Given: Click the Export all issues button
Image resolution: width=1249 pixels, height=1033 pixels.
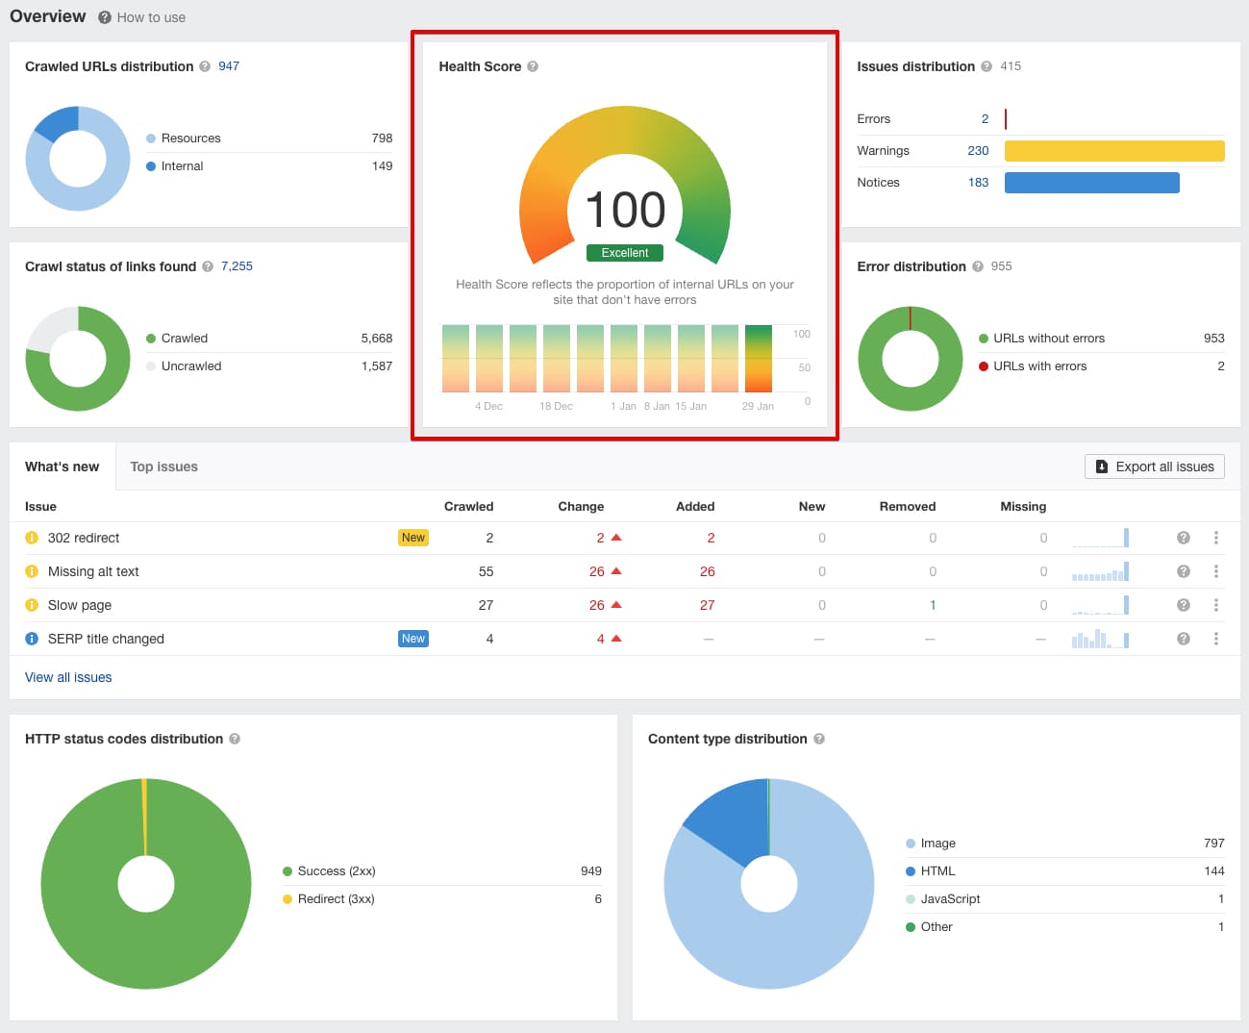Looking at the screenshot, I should [1154, 466].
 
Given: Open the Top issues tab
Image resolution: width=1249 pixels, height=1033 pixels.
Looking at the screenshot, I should [163, 466].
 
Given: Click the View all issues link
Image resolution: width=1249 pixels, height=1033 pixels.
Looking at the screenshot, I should [68, 677].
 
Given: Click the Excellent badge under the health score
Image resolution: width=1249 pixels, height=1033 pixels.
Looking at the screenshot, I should [625, 253].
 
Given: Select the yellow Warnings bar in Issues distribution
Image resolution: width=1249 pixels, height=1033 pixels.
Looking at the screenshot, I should [1113, 151].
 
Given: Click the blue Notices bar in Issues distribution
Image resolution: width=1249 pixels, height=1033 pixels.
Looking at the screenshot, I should [1091, 183].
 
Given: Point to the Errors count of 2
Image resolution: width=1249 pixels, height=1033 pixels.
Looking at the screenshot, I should [985, 119].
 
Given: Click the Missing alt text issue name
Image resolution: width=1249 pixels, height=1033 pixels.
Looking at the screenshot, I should [93, 571].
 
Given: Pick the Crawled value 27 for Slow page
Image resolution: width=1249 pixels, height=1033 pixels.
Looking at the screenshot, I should [486, 605].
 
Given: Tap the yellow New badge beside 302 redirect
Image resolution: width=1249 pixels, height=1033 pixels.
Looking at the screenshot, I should [413, 538].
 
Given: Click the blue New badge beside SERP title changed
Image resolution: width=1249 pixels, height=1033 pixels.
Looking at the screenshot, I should [413, 639].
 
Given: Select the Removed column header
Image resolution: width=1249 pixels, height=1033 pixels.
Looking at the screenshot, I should [907, 506].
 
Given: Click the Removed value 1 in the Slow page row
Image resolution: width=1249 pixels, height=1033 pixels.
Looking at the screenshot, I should [933, 605].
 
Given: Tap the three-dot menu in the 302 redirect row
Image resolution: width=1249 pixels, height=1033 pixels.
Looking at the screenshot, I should [1215, 538].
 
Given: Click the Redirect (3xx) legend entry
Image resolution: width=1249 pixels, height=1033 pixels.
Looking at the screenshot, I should [336, 899].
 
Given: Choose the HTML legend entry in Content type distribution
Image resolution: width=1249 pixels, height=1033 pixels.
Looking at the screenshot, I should [937, 871].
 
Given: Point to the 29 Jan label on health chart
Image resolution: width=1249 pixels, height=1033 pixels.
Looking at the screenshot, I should [758, 406].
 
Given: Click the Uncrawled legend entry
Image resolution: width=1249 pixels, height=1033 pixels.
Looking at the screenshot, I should [190, 366].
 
